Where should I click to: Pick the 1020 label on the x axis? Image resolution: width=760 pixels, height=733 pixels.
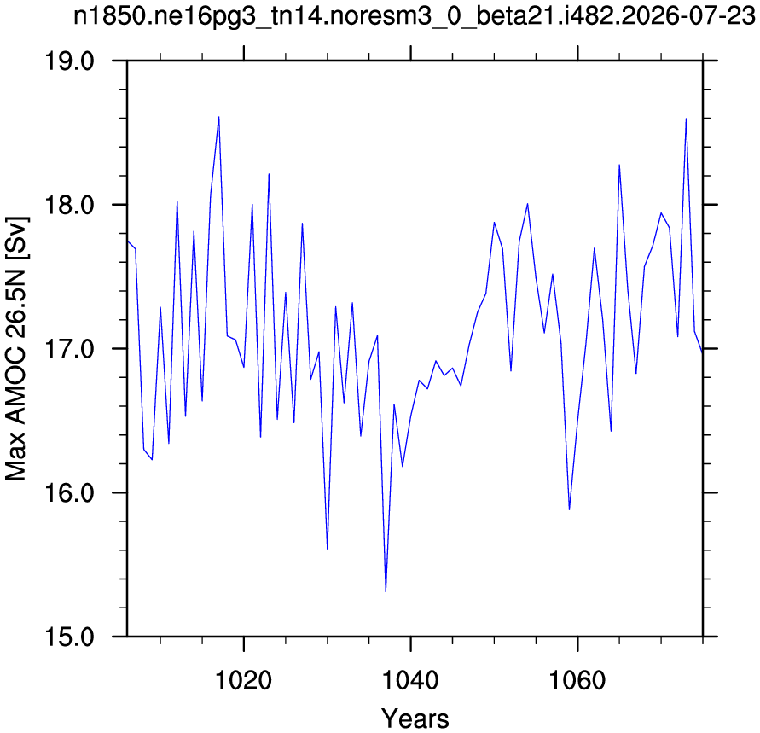[x=243, y=680]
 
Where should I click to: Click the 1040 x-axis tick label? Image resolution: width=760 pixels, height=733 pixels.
[x=410, y=680]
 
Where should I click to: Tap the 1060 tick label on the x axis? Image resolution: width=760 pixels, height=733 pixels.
[x=577, y=680]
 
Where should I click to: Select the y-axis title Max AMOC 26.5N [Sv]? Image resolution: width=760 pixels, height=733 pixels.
[x=16, y=348]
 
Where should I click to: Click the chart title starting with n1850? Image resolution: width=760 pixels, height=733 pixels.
[x=415, y=17]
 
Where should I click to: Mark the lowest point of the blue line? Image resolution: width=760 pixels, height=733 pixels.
[x=386, y=591]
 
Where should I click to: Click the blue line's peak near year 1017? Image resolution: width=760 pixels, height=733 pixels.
[x=218, y=117]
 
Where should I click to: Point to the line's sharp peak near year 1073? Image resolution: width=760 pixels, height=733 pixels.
[x=686, y=119]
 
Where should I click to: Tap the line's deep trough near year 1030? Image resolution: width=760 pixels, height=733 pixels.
[x=328, y=549]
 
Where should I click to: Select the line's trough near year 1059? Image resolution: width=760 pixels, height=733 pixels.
[x=569, y=509]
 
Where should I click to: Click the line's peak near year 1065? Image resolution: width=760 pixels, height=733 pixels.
[x=619, y=165]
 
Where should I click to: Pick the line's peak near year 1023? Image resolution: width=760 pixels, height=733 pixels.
[x=269, y=173]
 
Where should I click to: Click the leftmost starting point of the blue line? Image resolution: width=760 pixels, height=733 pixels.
[x=127, y=241]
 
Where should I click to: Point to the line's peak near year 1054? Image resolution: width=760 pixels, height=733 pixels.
[x=527, y=204]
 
